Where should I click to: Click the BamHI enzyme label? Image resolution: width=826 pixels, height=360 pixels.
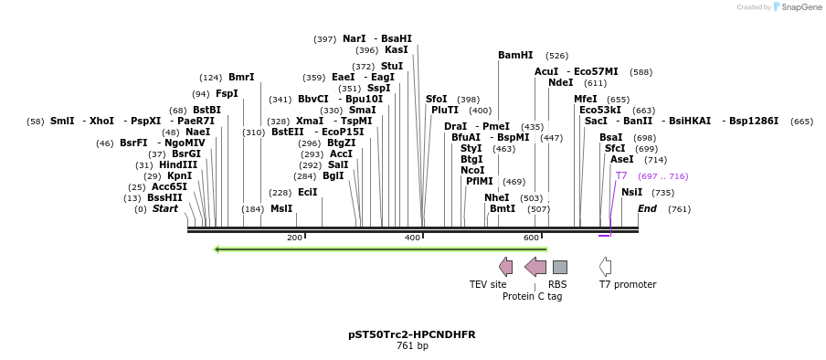515,55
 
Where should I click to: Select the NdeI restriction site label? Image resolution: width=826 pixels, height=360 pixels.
560,82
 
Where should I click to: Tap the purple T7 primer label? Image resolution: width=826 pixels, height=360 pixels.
621,175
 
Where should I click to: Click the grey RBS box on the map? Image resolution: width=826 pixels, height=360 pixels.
559,267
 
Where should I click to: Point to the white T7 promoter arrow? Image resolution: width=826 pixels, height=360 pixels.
605,267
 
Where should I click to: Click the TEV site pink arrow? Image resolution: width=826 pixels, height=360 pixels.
505,267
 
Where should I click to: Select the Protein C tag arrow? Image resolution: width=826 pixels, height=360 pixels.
535,267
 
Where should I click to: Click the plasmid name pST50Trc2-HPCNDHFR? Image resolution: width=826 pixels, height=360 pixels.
412,334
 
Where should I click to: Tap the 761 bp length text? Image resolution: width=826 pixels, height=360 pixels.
412,346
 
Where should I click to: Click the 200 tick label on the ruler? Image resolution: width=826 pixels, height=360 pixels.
294,238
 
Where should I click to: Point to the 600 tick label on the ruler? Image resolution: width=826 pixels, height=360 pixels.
531,238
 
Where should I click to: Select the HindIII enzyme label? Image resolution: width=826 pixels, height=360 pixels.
178,164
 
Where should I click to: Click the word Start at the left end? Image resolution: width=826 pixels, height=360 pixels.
165,208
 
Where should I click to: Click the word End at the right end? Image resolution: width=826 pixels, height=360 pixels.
647,208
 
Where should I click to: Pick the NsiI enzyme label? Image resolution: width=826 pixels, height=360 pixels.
631,192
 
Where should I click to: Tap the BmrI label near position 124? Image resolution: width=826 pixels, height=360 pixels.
241,77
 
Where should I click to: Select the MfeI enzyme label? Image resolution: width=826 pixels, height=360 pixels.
585,99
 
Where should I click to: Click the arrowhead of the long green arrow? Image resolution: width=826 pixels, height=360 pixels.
217,249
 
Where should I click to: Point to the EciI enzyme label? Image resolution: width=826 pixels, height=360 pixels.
307,192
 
